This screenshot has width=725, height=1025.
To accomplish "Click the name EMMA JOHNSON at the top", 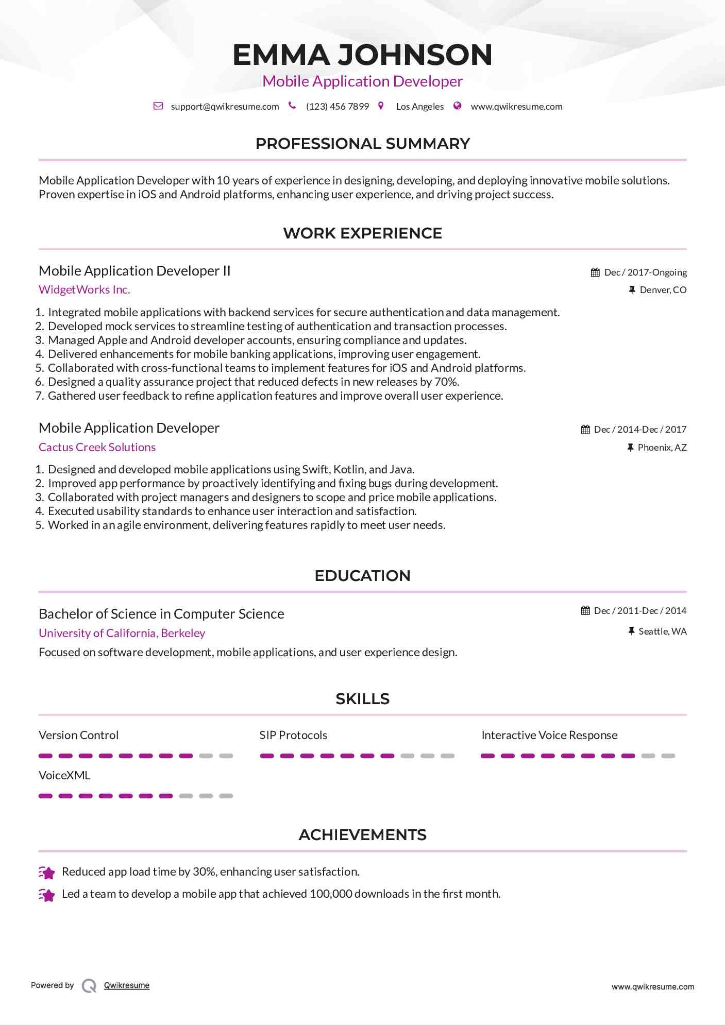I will tap(362, 55).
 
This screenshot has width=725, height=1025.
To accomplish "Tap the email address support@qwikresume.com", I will tap(225, 107).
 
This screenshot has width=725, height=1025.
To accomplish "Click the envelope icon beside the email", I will tap(158, 106).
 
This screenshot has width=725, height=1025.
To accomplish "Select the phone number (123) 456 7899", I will tap(338, 107).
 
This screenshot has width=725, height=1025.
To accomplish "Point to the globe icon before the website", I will tap(457, 106).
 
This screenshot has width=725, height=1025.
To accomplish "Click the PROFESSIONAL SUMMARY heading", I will tap(362, 144).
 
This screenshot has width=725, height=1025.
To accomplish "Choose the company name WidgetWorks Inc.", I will tap(85, 290).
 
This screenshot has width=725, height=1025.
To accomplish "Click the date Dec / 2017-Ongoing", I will tap(645, 272).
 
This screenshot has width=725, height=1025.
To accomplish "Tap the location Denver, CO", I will tap(663, 290).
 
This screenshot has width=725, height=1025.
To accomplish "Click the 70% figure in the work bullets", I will tap(446, 382).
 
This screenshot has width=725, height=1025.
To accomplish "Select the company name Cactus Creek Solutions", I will tap(97, 448).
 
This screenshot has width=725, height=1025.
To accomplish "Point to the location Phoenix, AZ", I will tap(662, 448).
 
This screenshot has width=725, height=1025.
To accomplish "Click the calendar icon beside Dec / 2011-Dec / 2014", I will tap(585, 611).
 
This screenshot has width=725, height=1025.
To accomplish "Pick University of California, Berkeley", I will tap(122, 634).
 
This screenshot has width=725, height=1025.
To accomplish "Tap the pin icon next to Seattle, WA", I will tap(631, 631).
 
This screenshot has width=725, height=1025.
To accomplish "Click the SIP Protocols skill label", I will tap(293, 736).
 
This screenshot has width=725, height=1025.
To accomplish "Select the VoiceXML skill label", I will tap(64, 776).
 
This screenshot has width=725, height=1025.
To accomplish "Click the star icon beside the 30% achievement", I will tap(47, 873).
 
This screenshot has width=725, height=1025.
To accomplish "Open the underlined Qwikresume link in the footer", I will tap(127, 985).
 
